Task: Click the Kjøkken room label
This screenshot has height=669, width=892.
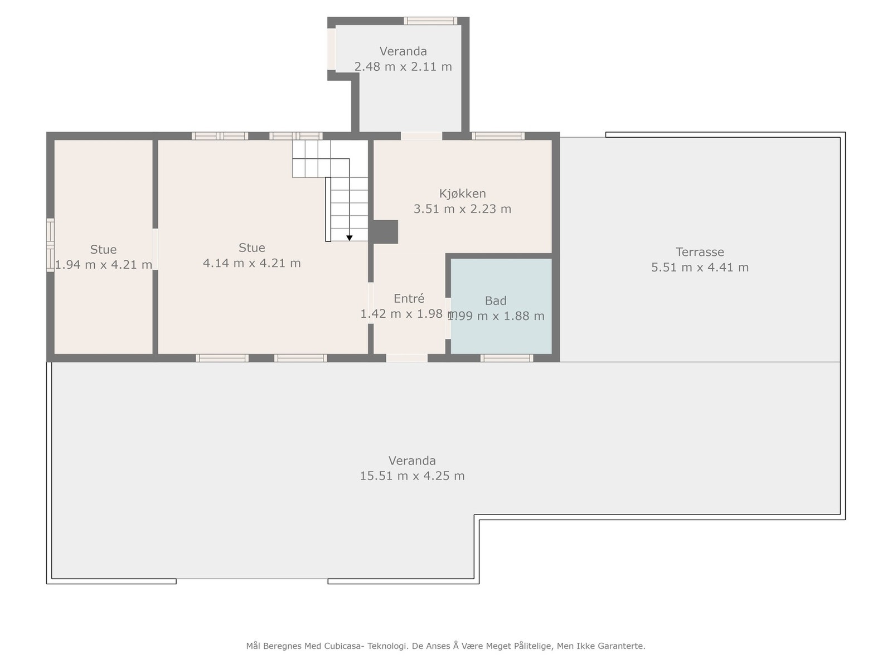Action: click(x=462, y=193)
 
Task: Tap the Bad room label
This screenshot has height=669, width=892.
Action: click(x=496, y=301)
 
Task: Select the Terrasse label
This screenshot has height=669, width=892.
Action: click(x=700, y=252)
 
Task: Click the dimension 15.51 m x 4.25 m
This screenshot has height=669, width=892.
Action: click(x=412, y=476)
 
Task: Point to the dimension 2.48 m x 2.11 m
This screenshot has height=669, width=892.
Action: click(x=403, y=67)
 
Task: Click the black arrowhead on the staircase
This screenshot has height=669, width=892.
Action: click(x=350, y=238)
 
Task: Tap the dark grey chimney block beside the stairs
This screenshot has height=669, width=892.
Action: click(x=385, y=232)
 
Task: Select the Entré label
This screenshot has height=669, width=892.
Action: click(x=409, y=299)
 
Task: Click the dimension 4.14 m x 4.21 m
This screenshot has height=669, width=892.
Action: click(x=251, y=263)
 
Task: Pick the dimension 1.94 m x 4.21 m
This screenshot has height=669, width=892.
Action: click(x=104, y=265)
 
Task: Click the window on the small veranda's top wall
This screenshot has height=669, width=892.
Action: click(x=430, y=21)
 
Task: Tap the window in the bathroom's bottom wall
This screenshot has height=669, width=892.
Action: click(x=507, y=358)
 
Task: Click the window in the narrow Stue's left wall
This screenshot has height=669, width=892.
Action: click(x=50, y=245)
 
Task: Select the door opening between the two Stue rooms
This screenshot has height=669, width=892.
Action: click(x=156, y=249)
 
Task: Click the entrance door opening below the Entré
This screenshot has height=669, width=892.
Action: click(x=407, y=358)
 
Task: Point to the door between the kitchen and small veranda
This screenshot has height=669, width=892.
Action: click(x=421, y=135)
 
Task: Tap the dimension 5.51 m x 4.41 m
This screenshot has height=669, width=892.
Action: click(x=700, y=268)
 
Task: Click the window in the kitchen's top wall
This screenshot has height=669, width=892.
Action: click(x=498, y=135)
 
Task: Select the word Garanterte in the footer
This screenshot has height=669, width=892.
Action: click(x=621, y=646)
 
